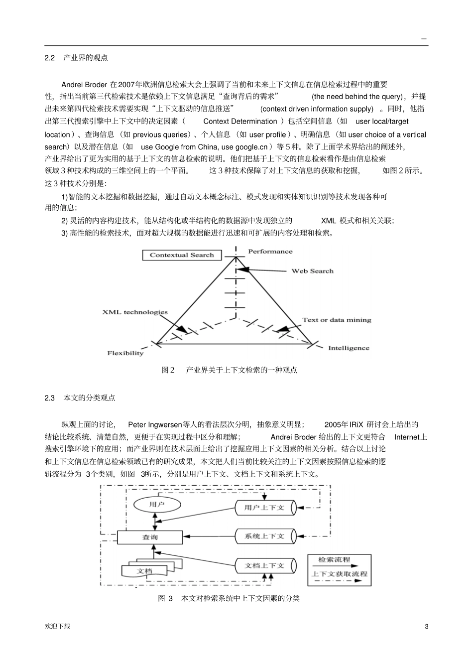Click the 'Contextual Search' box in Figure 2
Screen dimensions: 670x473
pos(182,255)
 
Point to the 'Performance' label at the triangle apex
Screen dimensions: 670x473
pos(270,252)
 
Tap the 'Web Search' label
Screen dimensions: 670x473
pos(312,271)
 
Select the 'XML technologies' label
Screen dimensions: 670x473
pos(135,312)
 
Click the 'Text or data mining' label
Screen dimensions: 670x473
pos(337,320)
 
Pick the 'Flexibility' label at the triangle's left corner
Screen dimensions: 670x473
pos(125,353)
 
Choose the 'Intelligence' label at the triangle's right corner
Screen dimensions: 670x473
pos(349,348)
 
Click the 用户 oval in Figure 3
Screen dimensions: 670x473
pos(156,504)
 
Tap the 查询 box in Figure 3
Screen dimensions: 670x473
pos(150,537)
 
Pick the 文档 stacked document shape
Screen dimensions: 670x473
pos(144,571)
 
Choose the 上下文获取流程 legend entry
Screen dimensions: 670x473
pos(339,574)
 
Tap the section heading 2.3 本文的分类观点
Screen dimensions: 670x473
pos(80,398)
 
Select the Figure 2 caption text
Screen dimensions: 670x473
pos(230,370)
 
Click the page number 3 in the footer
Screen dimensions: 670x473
pos(426,626)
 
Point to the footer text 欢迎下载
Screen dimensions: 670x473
pos(57,626)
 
